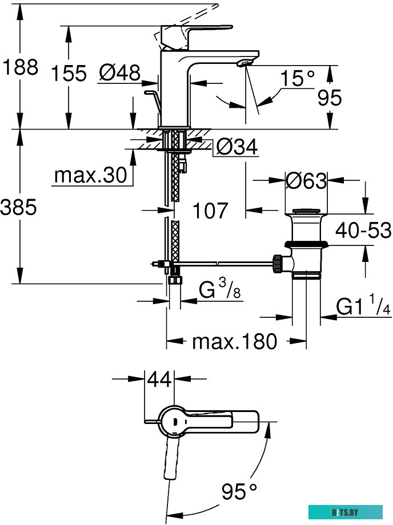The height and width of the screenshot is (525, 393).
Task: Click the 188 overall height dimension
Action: point(19,67)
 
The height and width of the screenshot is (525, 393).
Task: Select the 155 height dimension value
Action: point(68,73)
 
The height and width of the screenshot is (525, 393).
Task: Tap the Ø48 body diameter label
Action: point(119,72)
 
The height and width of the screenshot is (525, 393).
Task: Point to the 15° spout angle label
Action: point(297,78)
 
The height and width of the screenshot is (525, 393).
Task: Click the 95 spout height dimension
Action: point(329,98)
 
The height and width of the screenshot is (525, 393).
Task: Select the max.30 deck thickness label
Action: point(90,176)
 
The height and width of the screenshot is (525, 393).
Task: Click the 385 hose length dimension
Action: point(19,207)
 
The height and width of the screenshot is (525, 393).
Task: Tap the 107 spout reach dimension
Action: point(210,211)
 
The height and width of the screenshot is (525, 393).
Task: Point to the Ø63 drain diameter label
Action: point(306,181)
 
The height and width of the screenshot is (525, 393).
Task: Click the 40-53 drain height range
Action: point(363,231)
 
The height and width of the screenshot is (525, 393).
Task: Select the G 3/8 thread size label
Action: point(220,291)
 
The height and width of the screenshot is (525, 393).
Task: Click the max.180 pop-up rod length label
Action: point(234,342)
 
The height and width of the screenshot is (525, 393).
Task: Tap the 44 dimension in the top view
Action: point(160,379)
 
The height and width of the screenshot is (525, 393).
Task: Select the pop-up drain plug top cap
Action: point(307,213)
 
